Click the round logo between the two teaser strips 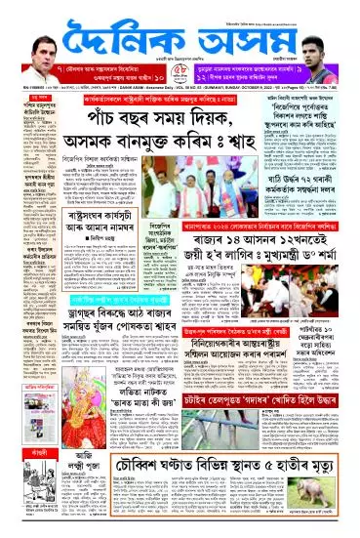coord(180,76)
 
